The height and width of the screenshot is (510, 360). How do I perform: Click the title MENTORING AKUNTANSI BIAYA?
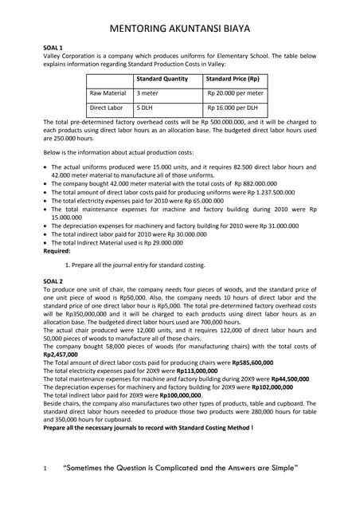pyautogui.click(x=179, y=29)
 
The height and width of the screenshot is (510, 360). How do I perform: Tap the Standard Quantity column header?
pyautogui.click(x=162, y=80)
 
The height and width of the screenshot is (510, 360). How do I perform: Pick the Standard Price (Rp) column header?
pyautogui.click(x=233, y=80)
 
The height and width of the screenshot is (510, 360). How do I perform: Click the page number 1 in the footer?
pyautogui.click(x=45, y=478)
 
